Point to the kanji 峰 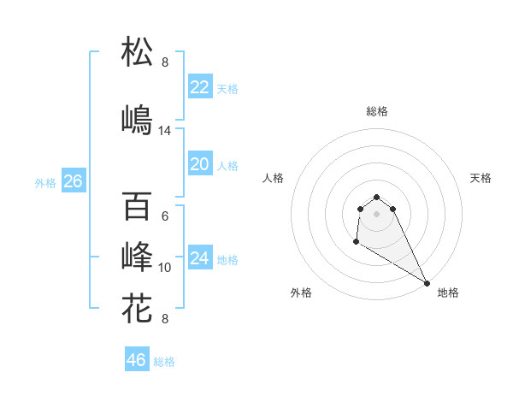pos(138,257)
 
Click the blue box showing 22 pos(200,87)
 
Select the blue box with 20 pos(200,164)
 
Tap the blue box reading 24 pos(200,258)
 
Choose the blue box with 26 pos(74,181)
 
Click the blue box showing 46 pos(137,360)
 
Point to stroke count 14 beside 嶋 pos(165,131)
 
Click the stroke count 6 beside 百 pos(165,216)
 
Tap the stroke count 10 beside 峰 pos(165,268)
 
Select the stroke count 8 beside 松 pos(165,62)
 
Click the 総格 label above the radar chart pos(376,111)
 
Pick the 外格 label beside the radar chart pos(301,293)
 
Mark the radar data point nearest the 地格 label pos(427,282)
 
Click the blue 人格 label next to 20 pos(227,166)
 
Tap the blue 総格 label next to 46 pos(164,362)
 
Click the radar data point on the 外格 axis pos(356,242)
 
